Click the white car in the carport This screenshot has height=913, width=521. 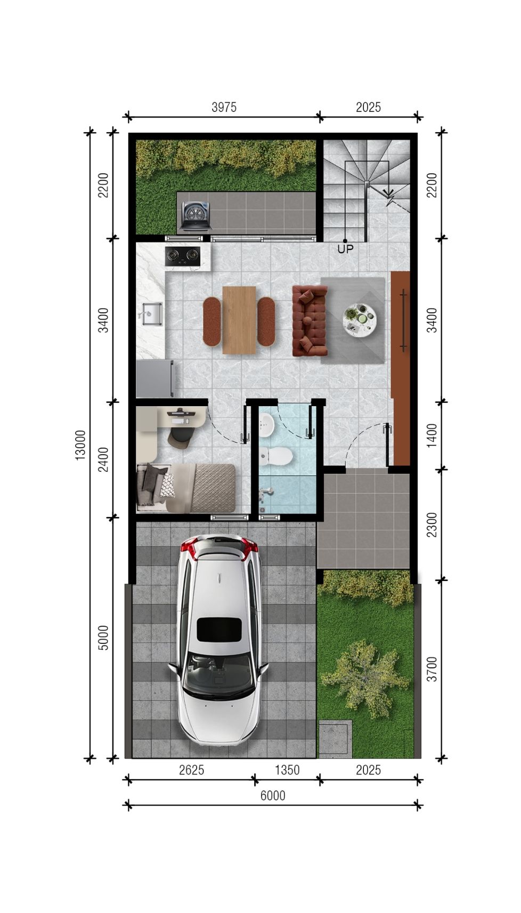coord(219,641)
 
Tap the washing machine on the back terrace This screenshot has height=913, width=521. coord(197,217)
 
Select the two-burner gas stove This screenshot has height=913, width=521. coord(183,256)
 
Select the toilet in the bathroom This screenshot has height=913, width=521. coord(276,456)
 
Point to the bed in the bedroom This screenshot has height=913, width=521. coord(186,488)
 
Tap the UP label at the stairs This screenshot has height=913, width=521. coord(345,249)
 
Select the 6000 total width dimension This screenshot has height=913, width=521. coord(273,795)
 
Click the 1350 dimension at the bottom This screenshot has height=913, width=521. coord(287,770)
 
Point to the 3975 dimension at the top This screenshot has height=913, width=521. coord(224,107)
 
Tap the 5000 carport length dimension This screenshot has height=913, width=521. coord(103,638)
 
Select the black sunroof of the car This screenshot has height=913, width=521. coord(219,629)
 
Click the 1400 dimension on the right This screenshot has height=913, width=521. coord(432,435)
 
